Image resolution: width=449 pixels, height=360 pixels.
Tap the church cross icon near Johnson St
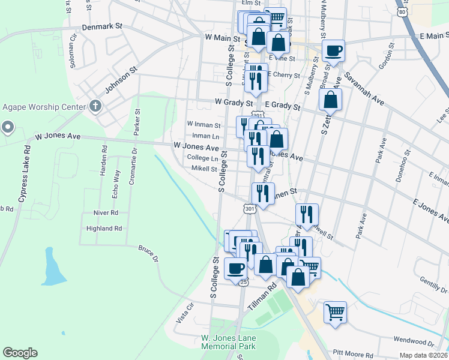pyautogui.click(x=95, y=107)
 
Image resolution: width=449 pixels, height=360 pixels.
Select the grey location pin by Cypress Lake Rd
pyautogui.click(x=7, y=127)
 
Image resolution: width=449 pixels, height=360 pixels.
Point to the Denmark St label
pyautogui.click(x=101, y=27)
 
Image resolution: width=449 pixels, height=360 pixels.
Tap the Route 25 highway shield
pyautogui.click(x=243, y=281)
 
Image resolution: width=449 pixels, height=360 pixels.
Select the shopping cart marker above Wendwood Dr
pyautogui.click(x=335, y=312)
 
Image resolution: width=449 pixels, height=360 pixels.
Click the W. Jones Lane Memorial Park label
pyautogui.click(x=228, y=343)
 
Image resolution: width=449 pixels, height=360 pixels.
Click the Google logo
pyautogui.click(x=20, y=352)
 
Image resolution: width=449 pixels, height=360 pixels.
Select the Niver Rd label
pyautogui.click(x=106, y=212)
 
